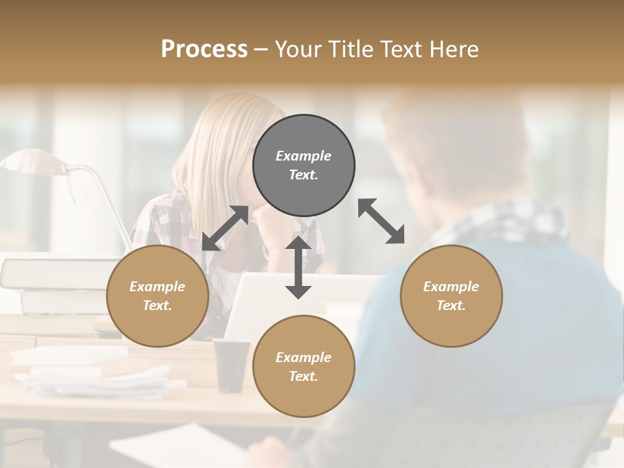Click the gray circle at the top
tap(304, 165)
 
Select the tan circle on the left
tap(157, 296)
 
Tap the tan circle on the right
tap(451, 296)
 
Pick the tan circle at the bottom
tap(304, 367)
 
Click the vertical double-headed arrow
tap(298, 267)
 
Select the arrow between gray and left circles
tap(225, 228)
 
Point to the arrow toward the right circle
tap(381, 221)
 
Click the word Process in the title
tap(204, 49)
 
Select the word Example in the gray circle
tap(304, 156)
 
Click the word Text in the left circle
tap(157, 305)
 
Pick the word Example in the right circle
tap(451, 287)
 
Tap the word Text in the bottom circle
tap(304, 376)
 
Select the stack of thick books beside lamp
tap(45, 286)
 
